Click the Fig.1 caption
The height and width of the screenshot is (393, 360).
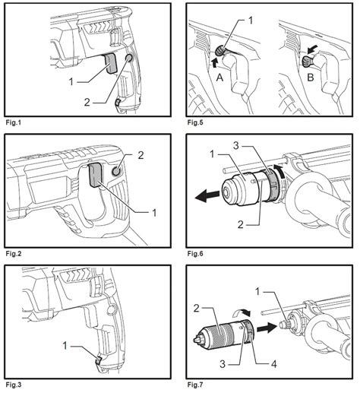[14, 123]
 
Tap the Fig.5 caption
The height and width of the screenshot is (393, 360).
[195, 123]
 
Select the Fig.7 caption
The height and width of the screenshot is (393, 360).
[195, 385]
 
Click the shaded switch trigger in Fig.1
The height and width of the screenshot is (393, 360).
[110, 64]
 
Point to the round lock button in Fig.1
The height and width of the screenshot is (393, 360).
[129, 59]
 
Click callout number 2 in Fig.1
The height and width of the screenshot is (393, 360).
[87, 103]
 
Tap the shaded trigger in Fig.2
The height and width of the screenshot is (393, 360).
[96, 175]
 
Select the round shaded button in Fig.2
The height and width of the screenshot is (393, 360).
[116, 172]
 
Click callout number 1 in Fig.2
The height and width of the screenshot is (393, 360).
[154, 213]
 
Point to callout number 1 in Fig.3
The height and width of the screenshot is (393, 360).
[65, 345]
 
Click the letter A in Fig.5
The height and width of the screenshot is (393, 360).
[219, 77]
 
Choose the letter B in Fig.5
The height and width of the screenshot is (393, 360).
[311, 78]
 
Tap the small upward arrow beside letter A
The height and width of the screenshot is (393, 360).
[214, 62]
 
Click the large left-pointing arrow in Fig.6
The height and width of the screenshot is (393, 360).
[207, 196]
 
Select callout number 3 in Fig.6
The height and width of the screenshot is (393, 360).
[235, 146]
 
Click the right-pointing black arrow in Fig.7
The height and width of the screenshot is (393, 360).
[267, 328]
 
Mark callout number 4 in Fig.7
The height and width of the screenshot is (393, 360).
[274, 365]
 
